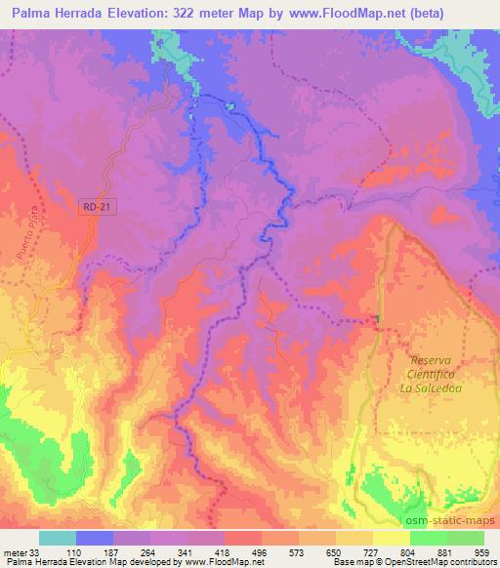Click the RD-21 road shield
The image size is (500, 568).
tap(92, 205)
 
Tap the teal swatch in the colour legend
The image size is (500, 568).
tap(58, 538)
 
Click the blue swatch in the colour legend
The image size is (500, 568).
tap(95, 538)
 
